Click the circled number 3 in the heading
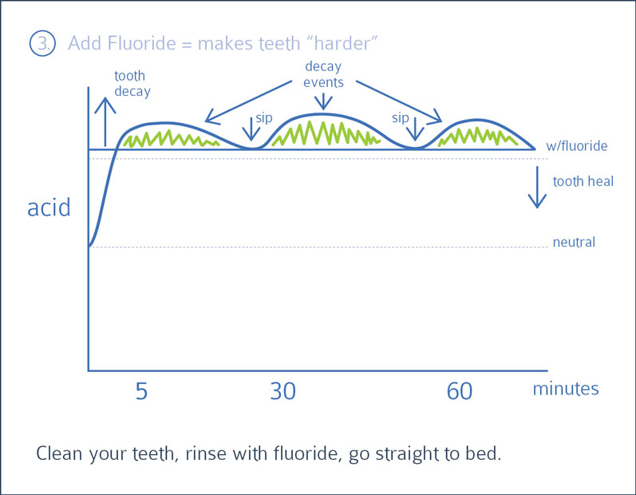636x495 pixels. pyautogui.click(x=42, y=43)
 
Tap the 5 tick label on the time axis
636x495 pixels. pyautogui.click(x=141, y=391)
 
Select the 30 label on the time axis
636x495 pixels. pyautogui.click(x=282, y=391)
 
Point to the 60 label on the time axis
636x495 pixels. pyautogui.click(x=460, y=391)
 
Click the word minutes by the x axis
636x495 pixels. pyautogui.click(x=566, y=388)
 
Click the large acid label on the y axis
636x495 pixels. pyautogui.click(x=49, y=208)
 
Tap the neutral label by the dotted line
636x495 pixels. pyautogui.click(x=574, y=242)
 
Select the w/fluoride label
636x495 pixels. pyautogui.click(x=577, y=145)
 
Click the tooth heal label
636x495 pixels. pyautogui.click(x=583, y=181)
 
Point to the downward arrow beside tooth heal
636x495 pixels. pyautogui.click(x=537, y=187)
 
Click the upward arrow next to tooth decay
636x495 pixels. pyautogui.click(x=105, y=121)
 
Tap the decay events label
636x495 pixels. pyautogui.click(x=323, y=74)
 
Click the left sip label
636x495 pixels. pyautogui.click(x=263, y=117)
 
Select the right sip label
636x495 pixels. pyautogui.click(x=400, y=117)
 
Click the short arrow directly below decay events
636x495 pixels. pyautogui.click(x=323, y=101)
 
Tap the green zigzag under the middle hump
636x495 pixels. pyautogui.click(x=326, y=133)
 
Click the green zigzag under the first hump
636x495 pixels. pyautogui.click(x=171, y=138)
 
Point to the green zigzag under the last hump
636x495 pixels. pyautogui.click(x=478, y=137)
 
